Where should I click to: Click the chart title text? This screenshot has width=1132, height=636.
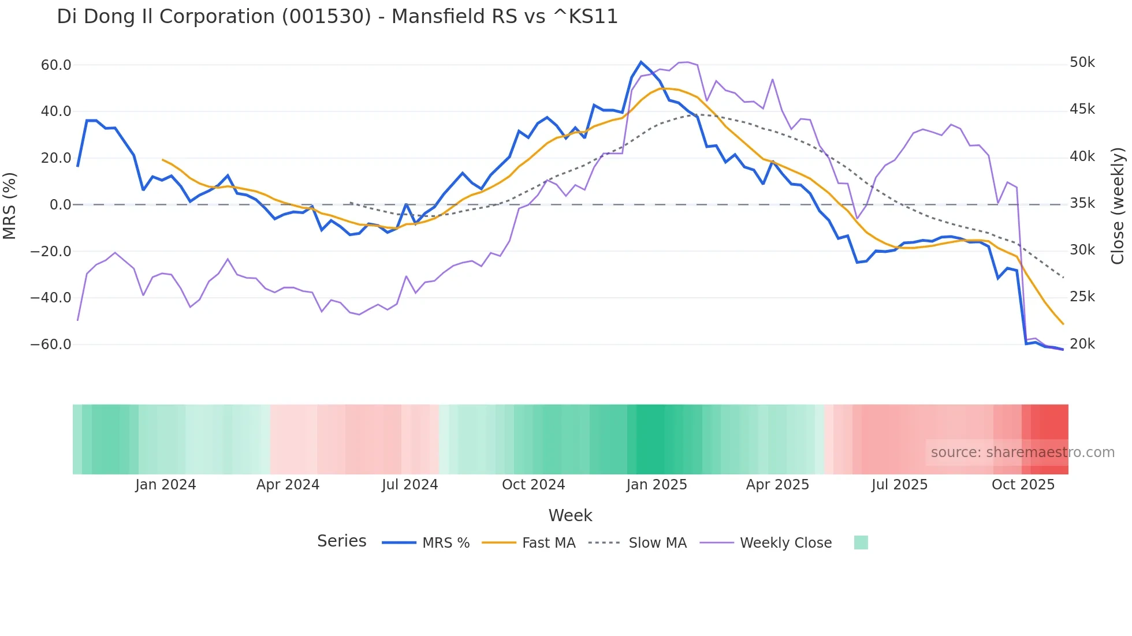(337, 17)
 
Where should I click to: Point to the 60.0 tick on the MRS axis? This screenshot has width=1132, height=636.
(56, 65)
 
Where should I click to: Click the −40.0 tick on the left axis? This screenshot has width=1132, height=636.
(51, 298)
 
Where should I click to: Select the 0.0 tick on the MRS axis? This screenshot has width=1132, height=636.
(61, 205)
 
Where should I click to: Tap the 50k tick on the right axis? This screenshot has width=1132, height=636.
(1082, 62)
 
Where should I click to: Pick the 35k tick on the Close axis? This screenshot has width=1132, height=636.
(1082, 203)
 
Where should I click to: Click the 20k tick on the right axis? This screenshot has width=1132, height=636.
(1082, 344)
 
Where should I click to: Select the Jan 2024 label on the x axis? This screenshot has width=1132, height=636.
(166, 485)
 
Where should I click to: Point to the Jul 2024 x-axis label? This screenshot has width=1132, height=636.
(410, 485)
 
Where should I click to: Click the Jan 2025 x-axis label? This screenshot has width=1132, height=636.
(657, 485)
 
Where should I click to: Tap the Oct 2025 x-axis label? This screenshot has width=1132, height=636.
(1023, 485)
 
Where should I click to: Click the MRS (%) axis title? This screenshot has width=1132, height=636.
(10, 205)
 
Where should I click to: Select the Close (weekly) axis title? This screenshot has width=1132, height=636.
(1118, 205)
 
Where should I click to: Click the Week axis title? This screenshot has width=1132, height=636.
(570, 515)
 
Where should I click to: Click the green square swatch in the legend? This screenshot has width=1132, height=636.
(861, 543)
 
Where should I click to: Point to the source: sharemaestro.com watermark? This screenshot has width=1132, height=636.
(1022, 452)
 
